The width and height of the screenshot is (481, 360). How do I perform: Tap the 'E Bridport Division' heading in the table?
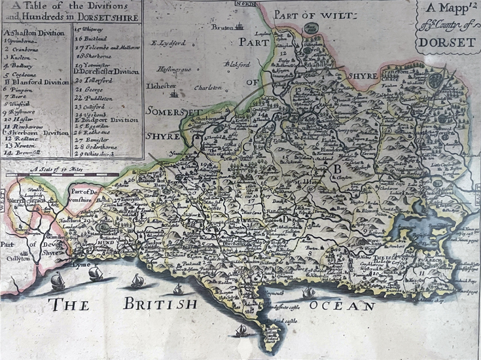click(106, 120)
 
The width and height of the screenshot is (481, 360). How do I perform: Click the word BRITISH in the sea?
click(160, 304)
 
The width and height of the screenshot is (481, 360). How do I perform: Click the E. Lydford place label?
click(169, 43)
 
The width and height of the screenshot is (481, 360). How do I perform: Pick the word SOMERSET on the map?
click(173, 112)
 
